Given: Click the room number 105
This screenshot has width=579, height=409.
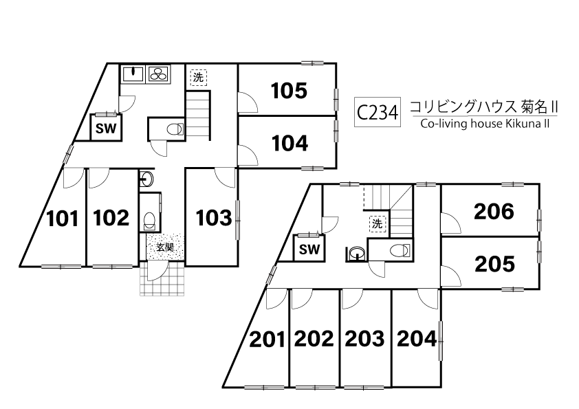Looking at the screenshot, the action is coord(289,91).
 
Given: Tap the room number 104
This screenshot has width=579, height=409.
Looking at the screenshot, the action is coord(289,144).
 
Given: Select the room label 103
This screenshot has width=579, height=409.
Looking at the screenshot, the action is coord(214,218).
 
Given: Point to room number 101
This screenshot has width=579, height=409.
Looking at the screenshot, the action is coord(63,219).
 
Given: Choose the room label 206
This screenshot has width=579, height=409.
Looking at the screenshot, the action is coord(494,212).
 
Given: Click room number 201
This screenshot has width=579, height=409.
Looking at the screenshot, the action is coord(267,340).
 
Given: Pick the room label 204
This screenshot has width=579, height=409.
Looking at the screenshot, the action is coord(417,338).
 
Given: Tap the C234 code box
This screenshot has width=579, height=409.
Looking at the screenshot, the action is coord(378,112).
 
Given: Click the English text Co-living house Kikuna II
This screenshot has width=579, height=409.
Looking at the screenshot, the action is coord(485,123).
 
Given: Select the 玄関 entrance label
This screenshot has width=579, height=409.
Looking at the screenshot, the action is coord(165,247).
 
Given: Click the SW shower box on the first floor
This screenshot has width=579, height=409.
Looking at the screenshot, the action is coord(106,128).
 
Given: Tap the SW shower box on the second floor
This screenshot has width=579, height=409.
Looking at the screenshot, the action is coord(309,248).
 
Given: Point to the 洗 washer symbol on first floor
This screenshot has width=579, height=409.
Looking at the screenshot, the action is coord(199,78).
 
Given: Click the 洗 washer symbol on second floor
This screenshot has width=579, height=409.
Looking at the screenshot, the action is coord(378,223).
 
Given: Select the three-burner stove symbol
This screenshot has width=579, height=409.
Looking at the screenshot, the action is coord(159,74).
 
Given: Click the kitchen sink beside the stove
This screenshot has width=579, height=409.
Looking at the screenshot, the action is coord(133,74).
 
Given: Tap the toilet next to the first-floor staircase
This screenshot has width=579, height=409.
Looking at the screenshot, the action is coord(175,129).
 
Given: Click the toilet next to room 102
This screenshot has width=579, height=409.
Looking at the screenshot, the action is coord(150,221).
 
